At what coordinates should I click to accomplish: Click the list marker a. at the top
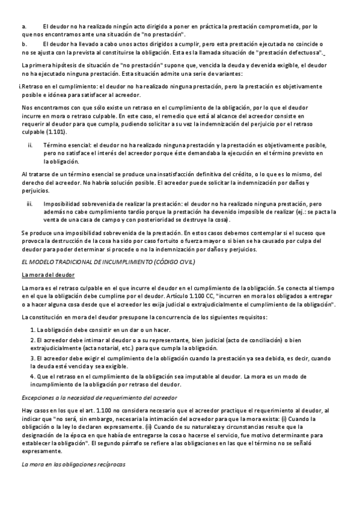pos(24,27)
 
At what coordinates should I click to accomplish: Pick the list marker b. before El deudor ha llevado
pos(24,44)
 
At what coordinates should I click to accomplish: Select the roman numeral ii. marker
pos(31,146)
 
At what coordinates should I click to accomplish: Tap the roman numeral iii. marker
pos(31,204)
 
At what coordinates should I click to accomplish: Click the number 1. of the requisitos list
pos(33,330)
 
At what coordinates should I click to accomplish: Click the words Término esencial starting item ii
pos(67,146)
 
